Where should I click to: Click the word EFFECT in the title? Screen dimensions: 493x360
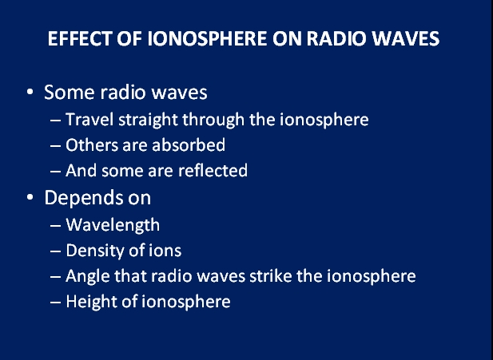79,38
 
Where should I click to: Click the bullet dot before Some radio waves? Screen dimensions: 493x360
30,92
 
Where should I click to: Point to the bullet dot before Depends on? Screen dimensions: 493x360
30,197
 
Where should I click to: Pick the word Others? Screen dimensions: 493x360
92,145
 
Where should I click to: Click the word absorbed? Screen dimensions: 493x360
189,145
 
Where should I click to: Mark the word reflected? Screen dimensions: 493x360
213,170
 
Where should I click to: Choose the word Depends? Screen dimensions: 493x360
83,199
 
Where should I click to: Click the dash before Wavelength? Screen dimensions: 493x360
55,226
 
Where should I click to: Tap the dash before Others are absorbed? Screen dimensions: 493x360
55,146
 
